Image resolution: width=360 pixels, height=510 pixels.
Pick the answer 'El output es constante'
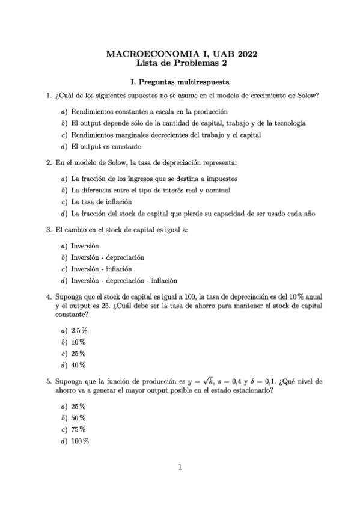click(x=106, y=146)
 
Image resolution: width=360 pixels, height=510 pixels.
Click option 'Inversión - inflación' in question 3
click(x=101, y=269)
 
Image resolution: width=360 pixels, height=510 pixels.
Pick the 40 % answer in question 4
click(x=78, y=365)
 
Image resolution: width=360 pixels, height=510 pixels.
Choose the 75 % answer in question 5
click(x=78, y=429)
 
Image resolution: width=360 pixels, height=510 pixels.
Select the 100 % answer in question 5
click(x=80, y=441)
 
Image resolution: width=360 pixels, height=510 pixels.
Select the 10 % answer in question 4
click(x=78, y=342)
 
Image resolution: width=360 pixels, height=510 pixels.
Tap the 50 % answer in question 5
click(x=78, y=417)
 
